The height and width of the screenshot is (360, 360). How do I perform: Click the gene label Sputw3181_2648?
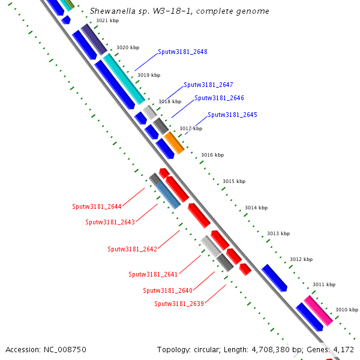182,52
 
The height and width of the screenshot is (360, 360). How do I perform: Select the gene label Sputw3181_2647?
208,85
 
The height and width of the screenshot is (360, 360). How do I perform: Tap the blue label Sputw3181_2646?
219,98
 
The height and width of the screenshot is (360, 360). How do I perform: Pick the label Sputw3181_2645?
232,115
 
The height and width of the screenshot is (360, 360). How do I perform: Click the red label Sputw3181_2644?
97,207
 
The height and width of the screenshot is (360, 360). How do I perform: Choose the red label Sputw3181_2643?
110,223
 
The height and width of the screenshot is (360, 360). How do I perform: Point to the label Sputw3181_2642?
132,250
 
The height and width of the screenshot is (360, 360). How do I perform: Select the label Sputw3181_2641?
153,275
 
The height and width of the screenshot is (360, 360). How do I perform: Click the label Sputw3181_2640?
167,291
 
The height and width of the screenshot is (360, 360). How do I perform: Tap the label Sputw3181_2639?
179,304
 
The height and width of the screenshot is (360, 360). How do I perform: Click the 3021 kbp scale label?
107,21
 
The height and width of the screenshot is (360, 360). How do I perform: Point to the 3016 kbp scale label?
212,155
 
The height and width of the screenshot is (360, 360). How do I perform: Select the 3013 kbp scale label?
278,234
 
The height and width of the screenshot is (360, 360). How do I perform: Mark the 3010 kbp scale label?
346,310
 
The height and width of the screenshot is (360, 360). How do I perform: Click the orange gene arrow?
174,143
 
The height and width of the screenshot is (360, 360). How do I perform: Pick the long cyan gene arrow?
124,79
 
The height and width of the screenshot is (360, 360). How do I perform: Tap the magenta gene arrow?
318,311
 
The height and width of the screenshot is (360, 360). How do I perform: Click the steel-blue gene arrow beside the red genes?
168,195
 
